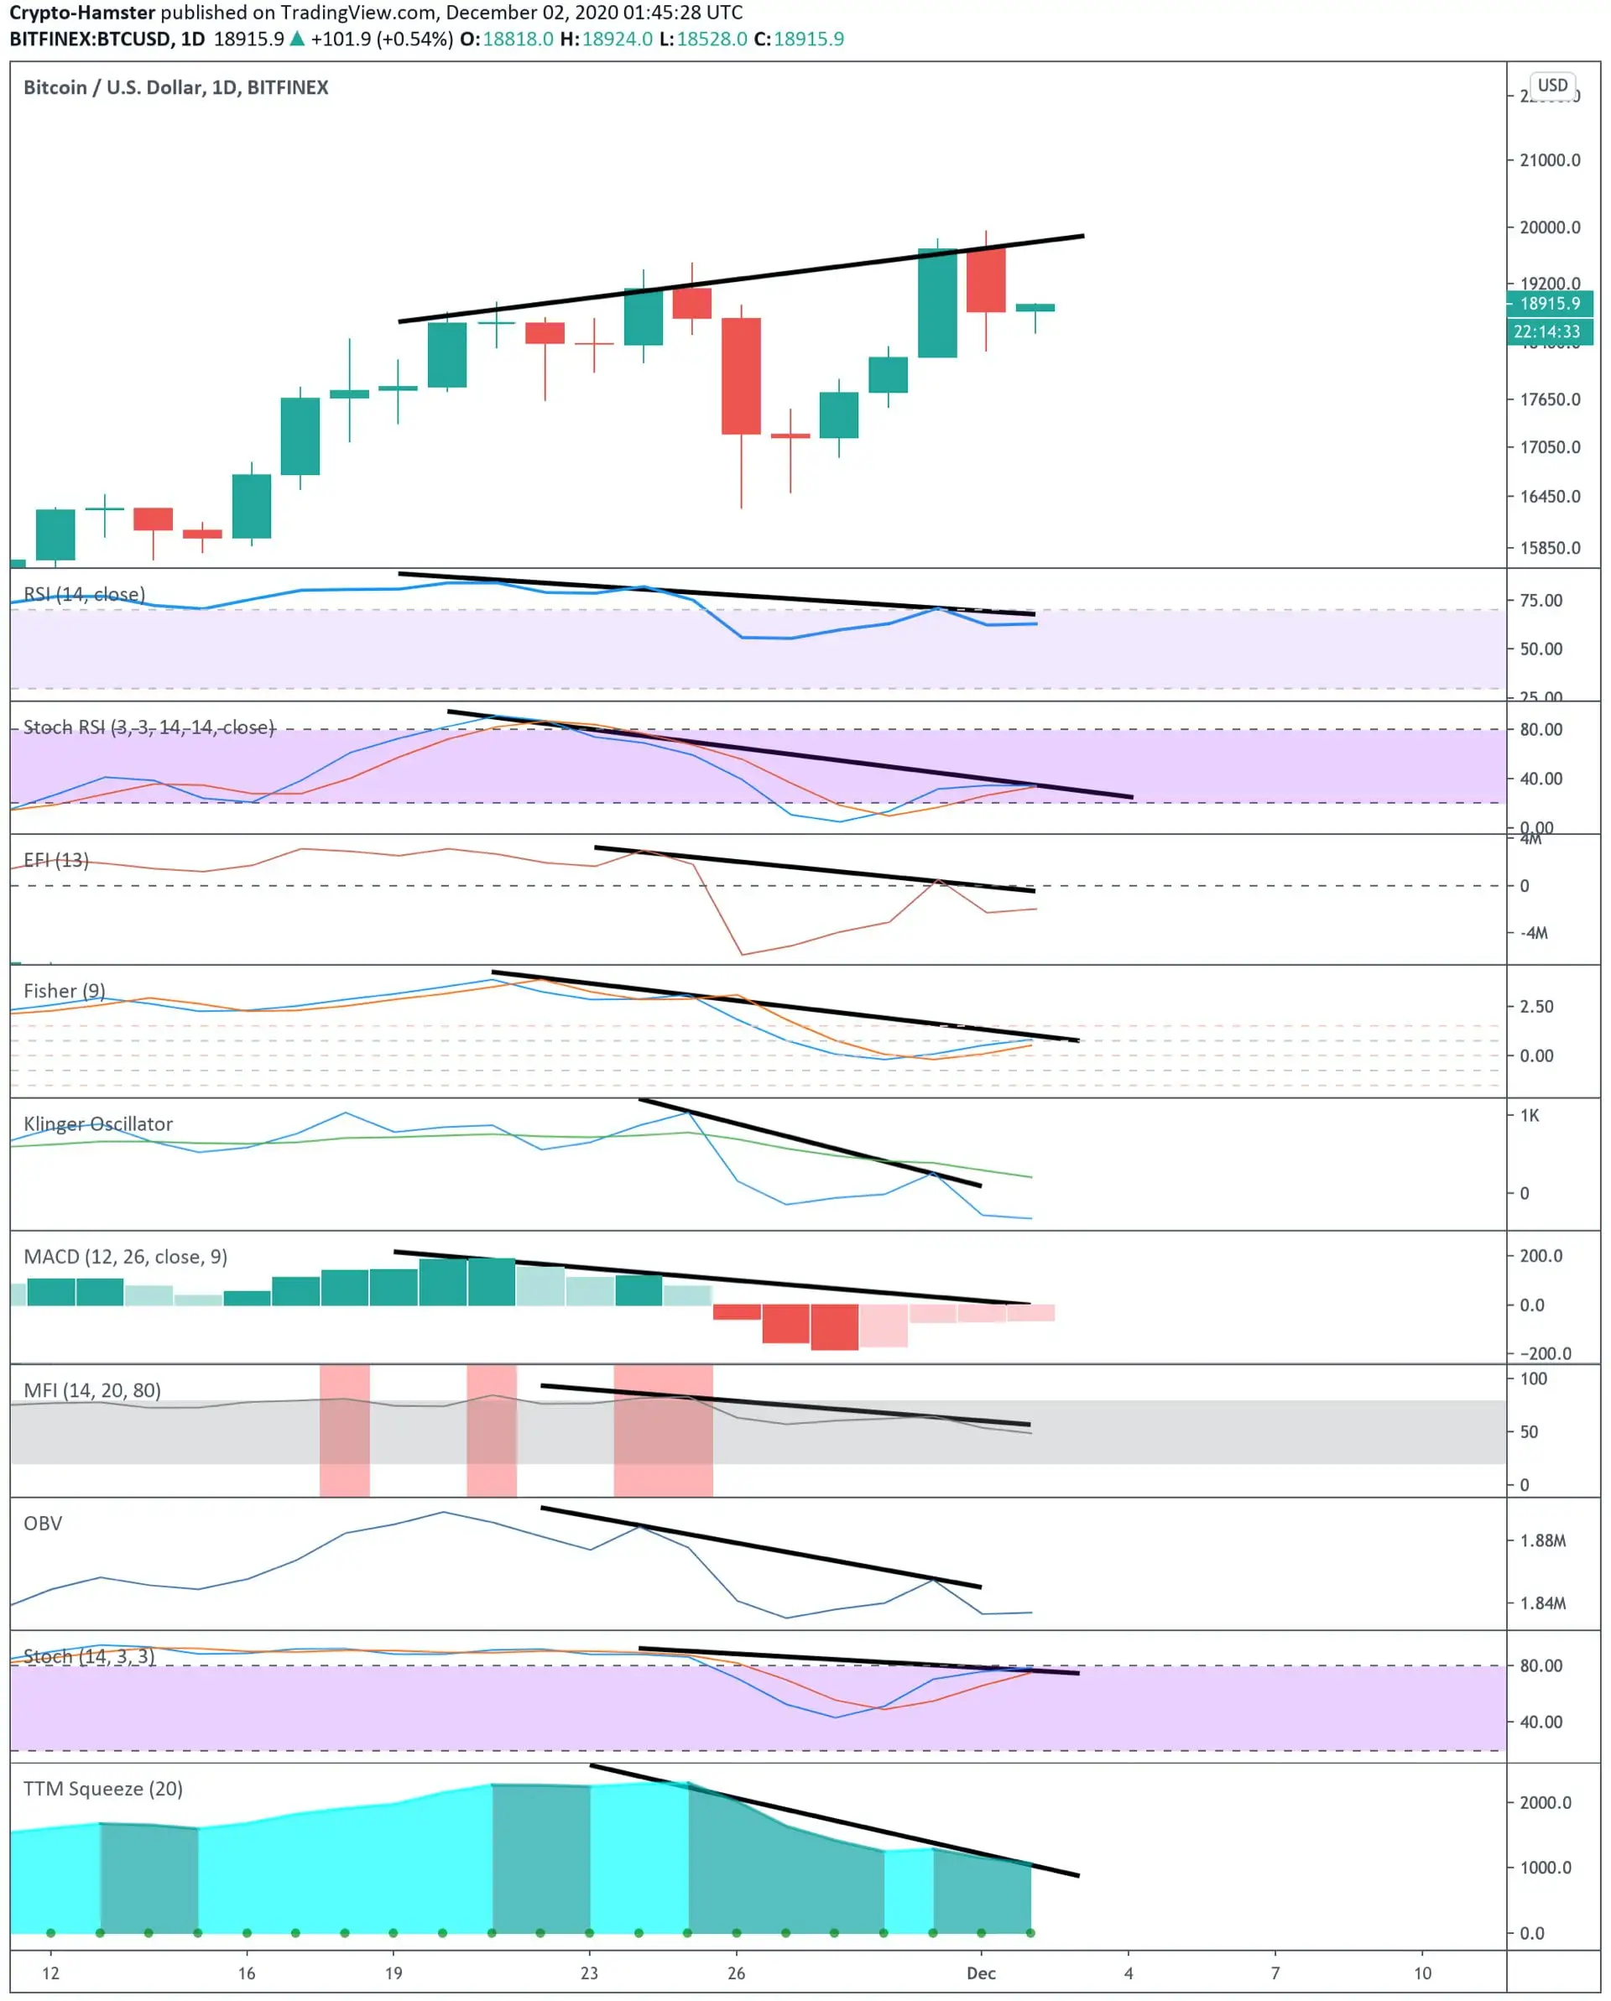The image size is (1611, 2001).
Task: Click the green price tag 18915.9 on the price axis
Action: tap(1549, 304)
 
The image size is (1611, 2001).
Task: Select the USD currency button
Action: tap(1551, 86)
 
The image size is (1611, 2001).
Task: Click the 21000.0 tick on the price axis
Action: tap(1549, 160)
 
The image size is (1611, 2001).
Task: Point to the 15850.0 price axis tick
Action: tap(1549, 548)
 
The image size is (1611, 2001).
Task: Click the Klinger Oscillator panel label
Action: tap(97, 1124)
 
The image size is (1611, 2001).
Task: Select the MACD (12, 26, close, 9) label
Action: tap(125, 1257)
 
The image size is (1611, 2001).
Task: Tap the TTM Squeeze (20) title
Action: tap(103, 1789)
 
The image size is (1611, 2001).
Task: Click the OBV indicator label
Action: tap(43, 1523)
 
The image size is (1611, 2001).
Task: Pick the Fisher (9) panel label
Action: tap(64, 990)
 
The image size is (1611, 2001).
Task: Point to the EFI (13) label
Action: tap(55, 859)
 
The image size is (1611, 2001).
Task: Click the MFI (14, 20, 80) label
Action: tap(91, 1389)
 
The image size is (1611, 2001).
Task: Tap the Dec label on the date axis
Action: tap(981, 1973)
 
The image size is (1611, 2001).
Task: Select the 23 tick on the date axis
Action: tap(589, 1973)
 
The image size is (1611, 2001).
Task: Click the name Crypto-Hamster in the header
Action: tap(81, 13)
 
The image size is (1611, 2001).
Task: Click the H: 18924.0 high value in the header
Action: tap(606, 39)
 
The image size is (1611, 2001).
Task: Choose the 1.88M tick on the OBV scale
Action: tap(1541, 1540)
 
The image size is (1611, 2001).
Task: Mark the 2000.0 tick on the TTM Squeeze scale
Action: tap(1544, 1802)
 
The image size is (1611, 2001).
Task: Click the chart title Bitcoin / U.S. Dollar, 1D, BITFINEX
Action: tap(175, 87)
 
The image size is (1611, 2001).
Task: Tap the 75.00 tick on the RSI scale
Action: tap(1541, 601)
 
